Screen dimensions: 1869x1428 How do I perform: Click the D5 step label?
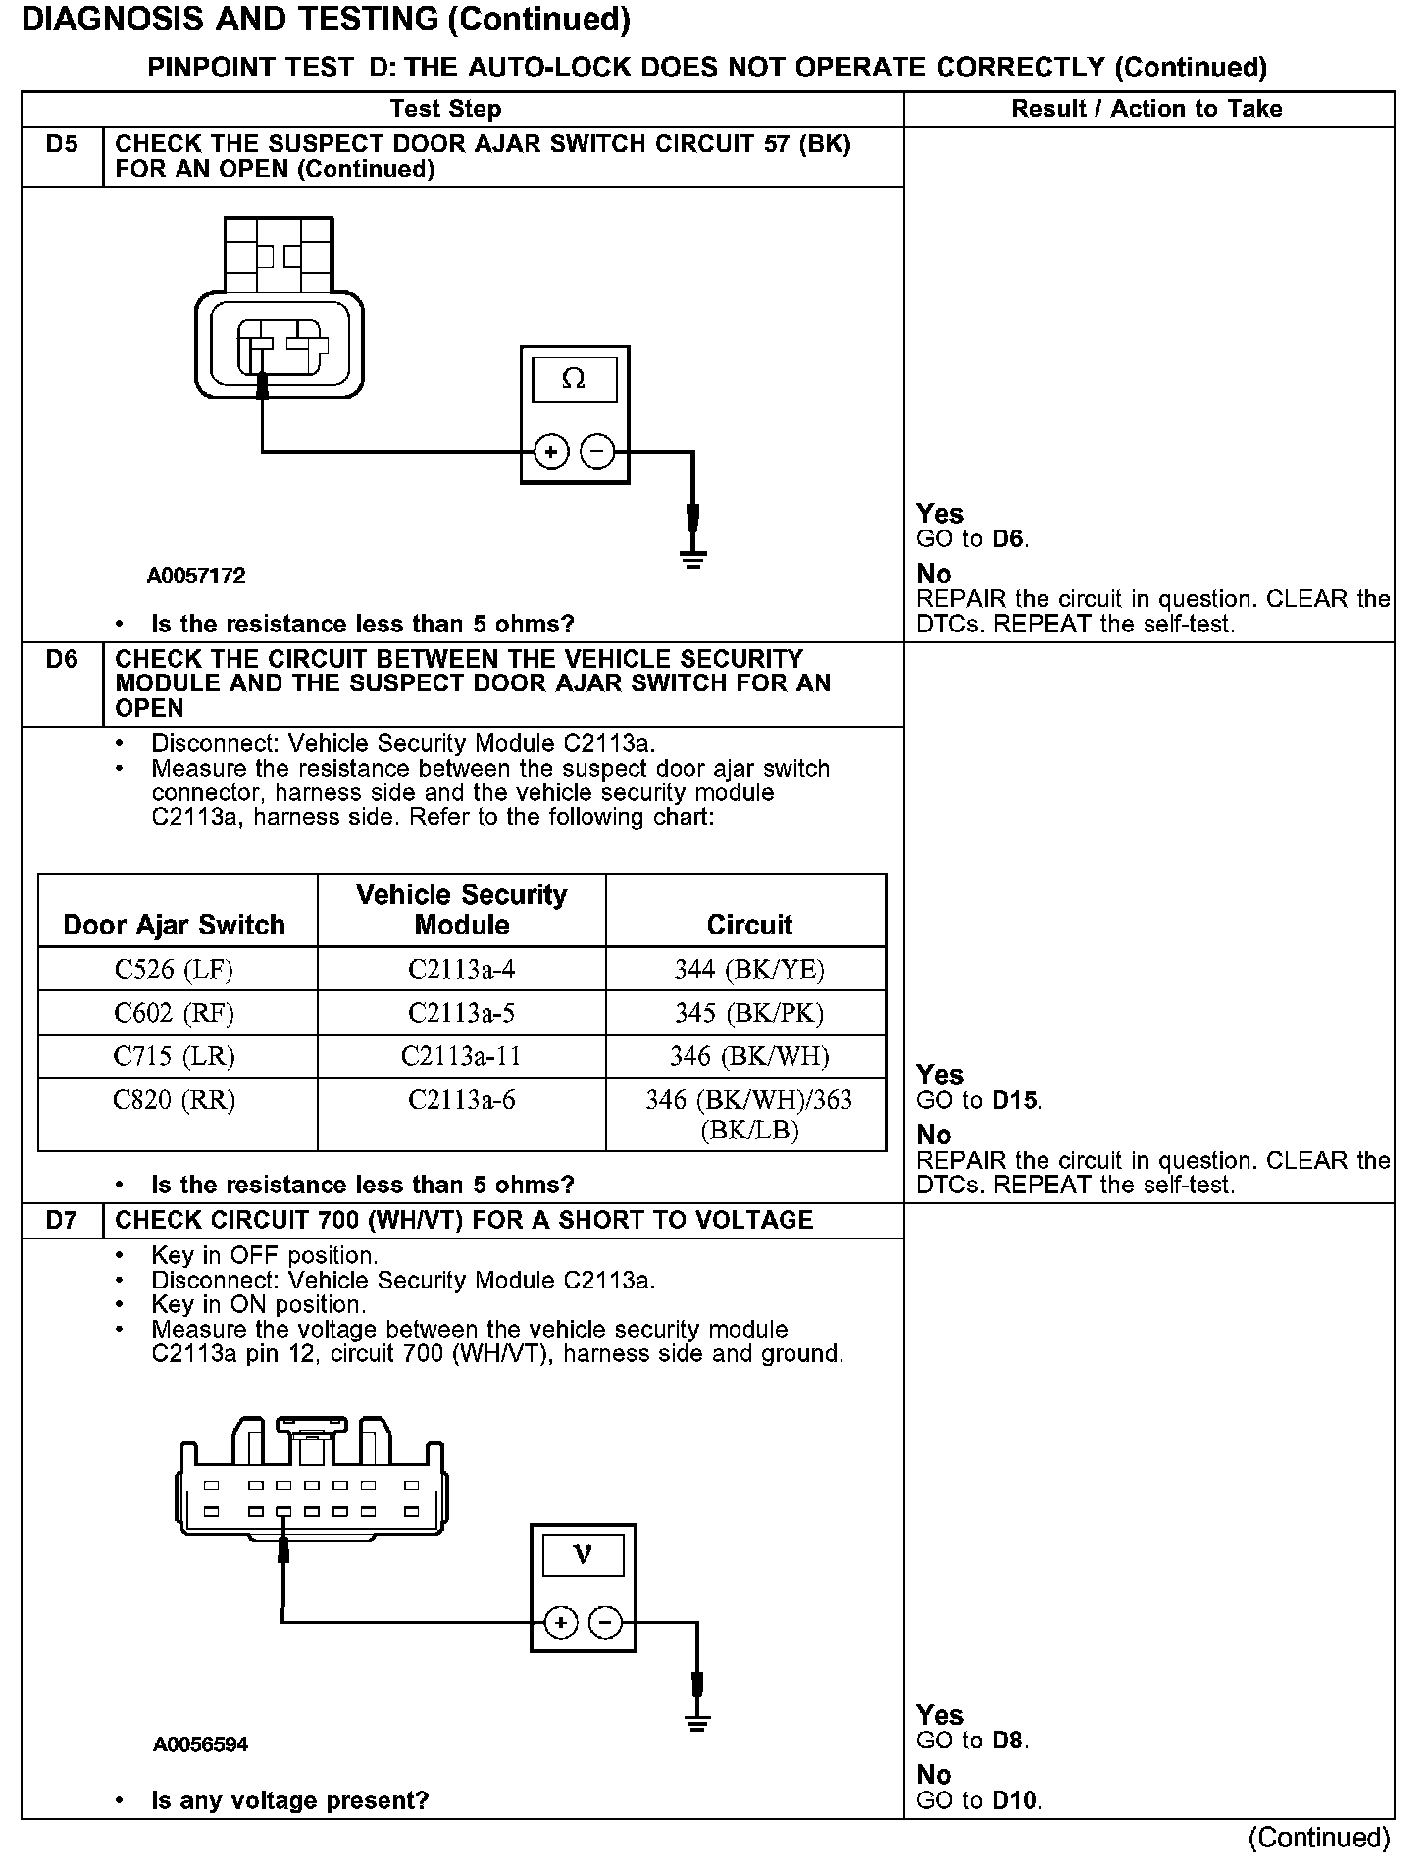[x=61, y=145]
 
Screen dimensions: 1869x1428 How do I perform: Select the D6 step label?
[x=61, y=660]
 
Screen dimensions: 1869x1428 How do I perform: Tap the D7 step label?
[x=61, y=1221]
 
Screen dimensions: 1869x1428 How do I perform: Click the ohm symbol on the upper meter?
[x=574, y=379]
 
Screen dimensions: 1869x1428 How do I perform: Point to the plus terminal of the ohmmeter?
[x=551, y=452]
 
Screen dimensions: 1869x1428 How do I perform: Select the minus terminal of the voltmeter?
[x=606, y=1624]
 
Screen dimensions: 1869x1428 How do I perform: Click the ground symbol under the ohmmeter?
[x=693, y=559]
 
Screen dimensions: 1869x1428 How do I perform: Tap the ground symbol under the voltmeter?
[x=697, y=1724]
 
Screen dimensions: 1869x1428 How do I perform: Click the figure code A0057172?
[x=196, y=577]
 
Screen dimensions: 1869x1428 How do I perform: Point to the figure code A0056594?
[x=200, y=1745]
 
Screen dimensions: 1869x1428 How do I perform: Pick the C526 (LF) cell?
[x=175, y=970]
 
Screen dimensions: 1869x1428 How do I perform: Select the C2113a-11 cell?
[x=461, y=1056]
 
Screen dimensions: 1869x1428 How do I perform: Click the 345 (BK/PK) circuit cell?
[x=748, y=1013]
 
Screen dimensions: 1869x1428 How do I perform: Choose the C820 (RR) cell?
[x=175, y=1100]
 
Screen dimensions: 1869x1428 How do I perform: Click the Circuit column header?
[x=749, y=925]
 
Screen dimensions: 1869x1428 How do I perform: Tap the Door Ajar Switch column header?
[x=175, y=925]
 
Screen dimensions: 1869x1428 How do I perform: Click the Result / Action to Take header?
[x=1147, y=109]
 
